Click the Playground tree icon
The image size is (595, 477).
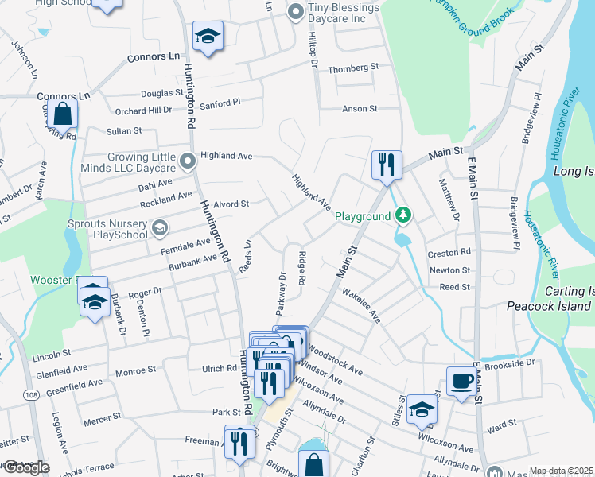[404, 215]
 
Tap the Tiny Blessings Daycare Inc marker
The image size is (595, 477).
[296, 11]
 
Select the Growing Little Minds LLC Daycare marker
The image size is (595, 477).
[189, 162]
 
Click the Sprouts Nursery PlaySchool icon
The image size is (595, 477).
[159, 229]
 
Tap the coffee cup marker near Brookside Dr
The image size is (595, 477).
[461, 382]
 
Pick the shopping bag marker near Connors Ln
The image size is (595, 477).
[63, 115]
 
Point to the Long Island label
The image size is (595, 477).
[574, 171]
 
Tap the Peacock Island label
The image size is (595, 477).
[549, 306]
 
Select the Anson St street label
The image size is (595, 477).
[359, 108]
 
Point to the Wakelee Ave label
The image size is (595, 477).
[362, 304]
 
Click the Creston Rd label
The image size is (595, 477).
[449, 253]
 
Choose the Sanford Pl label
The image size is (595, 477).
[220, 103]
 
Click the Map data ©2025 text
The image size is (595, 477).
[562, 471]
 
